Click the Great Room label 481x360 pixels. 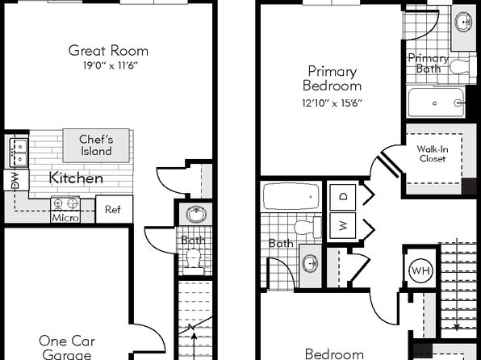(x=108, y=51)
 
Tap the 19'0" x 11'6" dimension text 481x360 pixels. (x=110, y=65)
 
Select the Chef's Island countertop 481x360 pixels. (x=96, y=145)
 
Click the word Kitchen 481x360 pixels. (x=76, y=178)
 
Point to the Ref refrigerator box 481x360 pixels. (x=114, y=209)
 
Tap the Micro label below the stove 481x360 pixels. (x=65, y=218)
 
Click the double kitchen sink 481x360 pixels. (x=19, y=153)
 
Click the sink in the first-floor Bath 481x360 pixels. (x=196, y=214)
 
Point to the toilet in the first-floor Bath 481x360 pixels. (x=194, y=262)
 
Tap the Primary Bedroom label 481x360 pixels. (x=333, y=78)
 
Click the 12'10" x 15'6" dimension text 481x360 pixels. (x=333, y=103)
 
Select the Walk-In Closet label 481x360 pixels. (x=433, y=153)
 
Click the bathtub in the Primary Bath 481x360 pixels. (x=436, y=103)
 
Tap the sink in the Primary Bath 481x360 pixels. (x=463, y=22)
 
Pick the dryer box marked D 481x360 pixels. (x=343, y=196)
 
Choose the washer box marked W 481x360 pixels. (x=343, y=225)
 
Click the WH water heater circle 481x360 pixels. (x=421, y=271)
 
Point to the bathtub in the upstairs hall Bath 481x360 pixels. (x=291, y=196)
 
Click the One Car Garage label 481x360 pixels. (x=67, y=347)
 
